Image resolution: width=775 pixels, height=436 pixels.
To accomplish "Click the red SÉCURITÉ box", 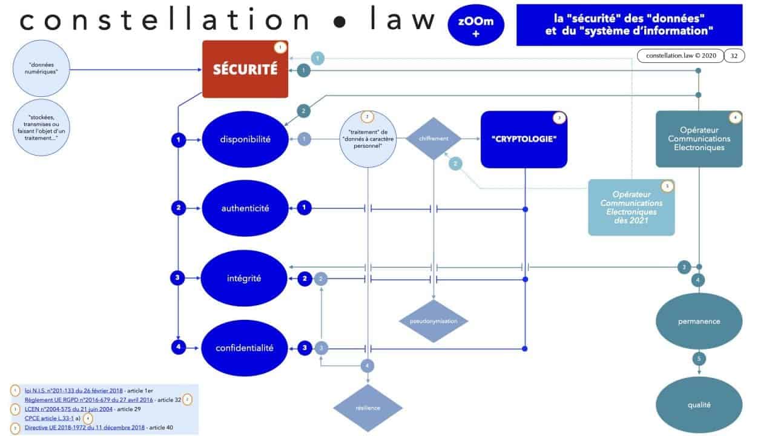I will coord(245,70).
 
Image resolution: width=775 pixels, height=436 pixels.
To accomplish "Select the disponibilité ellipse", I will coord(245,139).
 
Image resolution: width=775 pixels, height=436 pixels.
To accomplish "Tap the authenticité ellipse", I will coord(245,208).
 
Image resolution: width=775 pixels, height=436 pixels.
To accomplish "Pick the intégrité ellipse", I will coord(245,279).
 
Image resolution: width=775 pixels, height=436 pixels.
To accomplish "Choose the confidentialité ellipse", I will coord(245,348).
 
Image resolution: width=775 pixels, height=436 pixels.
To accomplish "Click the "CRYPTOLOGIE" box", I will coord(524,139).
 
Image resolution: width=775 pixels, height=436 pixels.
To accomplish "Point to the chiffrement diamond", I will coord(434,139).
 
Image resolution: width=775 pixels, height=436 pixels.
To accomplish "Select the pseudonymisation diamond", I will coord(434,320).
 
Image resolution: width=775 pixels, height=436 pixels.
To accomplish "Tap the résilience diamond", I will coord(368,408).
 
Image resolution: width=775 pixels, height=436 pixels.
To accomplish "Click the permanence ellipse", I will coord(699,322).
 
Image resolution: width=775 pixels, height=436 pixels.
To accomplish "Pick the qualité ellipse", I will coord(699,405).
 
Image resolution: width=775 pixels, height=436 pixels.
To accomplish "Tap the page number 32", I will coord(734,56).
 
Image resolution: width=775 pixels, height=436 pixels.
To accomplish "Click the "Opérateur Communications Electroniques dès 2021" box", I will coord(632,207).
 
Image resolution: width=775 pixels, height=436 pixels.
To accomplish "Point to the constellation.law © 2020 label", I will coord(681,56).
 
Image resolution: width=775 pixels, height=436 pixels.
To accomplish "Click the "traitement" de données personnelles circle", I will coord(369,139).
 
